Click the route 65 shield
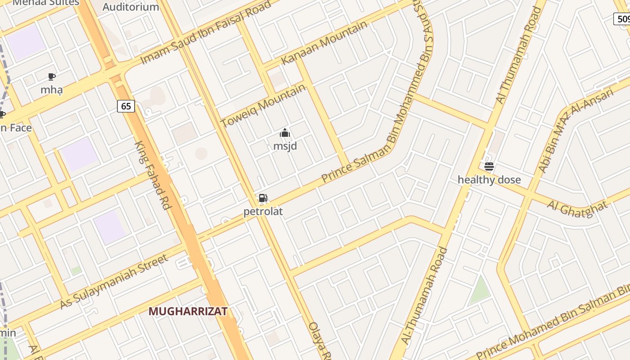point(126,106)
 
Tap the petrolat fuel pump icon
point(263,198)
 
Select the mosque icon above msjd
point(285,133)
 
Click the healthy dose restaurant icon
point(489,166)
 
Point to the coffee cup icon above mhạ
point(52,76)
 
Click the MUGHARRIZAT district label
point(188,311)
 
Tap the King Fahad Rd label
point(153,175)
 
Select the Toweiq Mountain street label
point(263,106)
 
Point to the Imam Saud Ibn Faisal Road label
point(206,32)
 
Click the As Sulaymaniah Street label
point(114,282)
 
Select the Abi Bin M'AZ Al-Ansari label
point(576,130)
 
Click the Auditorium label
point(130,7)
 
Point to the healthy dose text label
point(489,180)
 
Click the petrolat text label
point(263,211)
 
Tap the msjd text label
point(285,146)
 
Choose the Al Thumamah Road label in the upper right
point(518,55)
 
